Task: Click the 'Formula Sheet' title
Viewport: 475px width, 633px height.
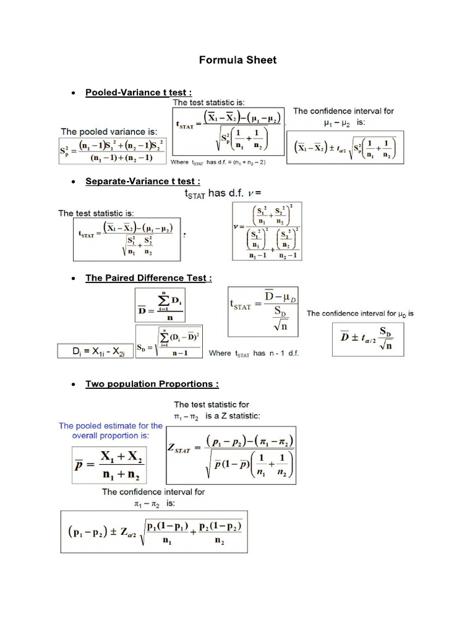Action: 237,60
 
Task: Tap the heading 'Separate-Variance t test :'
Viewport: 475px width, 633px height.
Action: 143,181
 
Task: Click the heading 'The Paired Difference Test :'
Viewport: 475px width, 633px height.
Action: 148,278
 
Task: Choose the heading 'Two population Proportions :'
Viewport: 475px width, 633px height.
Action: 152,384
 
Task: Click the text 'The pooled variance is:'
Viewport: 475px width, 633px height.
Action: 109,132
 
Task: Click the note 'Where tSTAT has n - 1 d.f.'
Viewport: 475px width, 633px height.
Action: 254,354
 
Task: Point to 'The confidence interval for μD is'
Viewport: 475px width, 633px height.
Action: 360,313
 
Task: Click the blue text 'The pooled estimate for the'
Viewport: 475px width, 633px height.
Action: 111,425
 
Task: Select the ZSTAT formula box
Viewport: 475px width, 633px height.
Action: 231,455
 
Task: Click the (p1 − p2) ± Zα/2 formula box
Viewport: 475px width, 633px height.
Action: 154,531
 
